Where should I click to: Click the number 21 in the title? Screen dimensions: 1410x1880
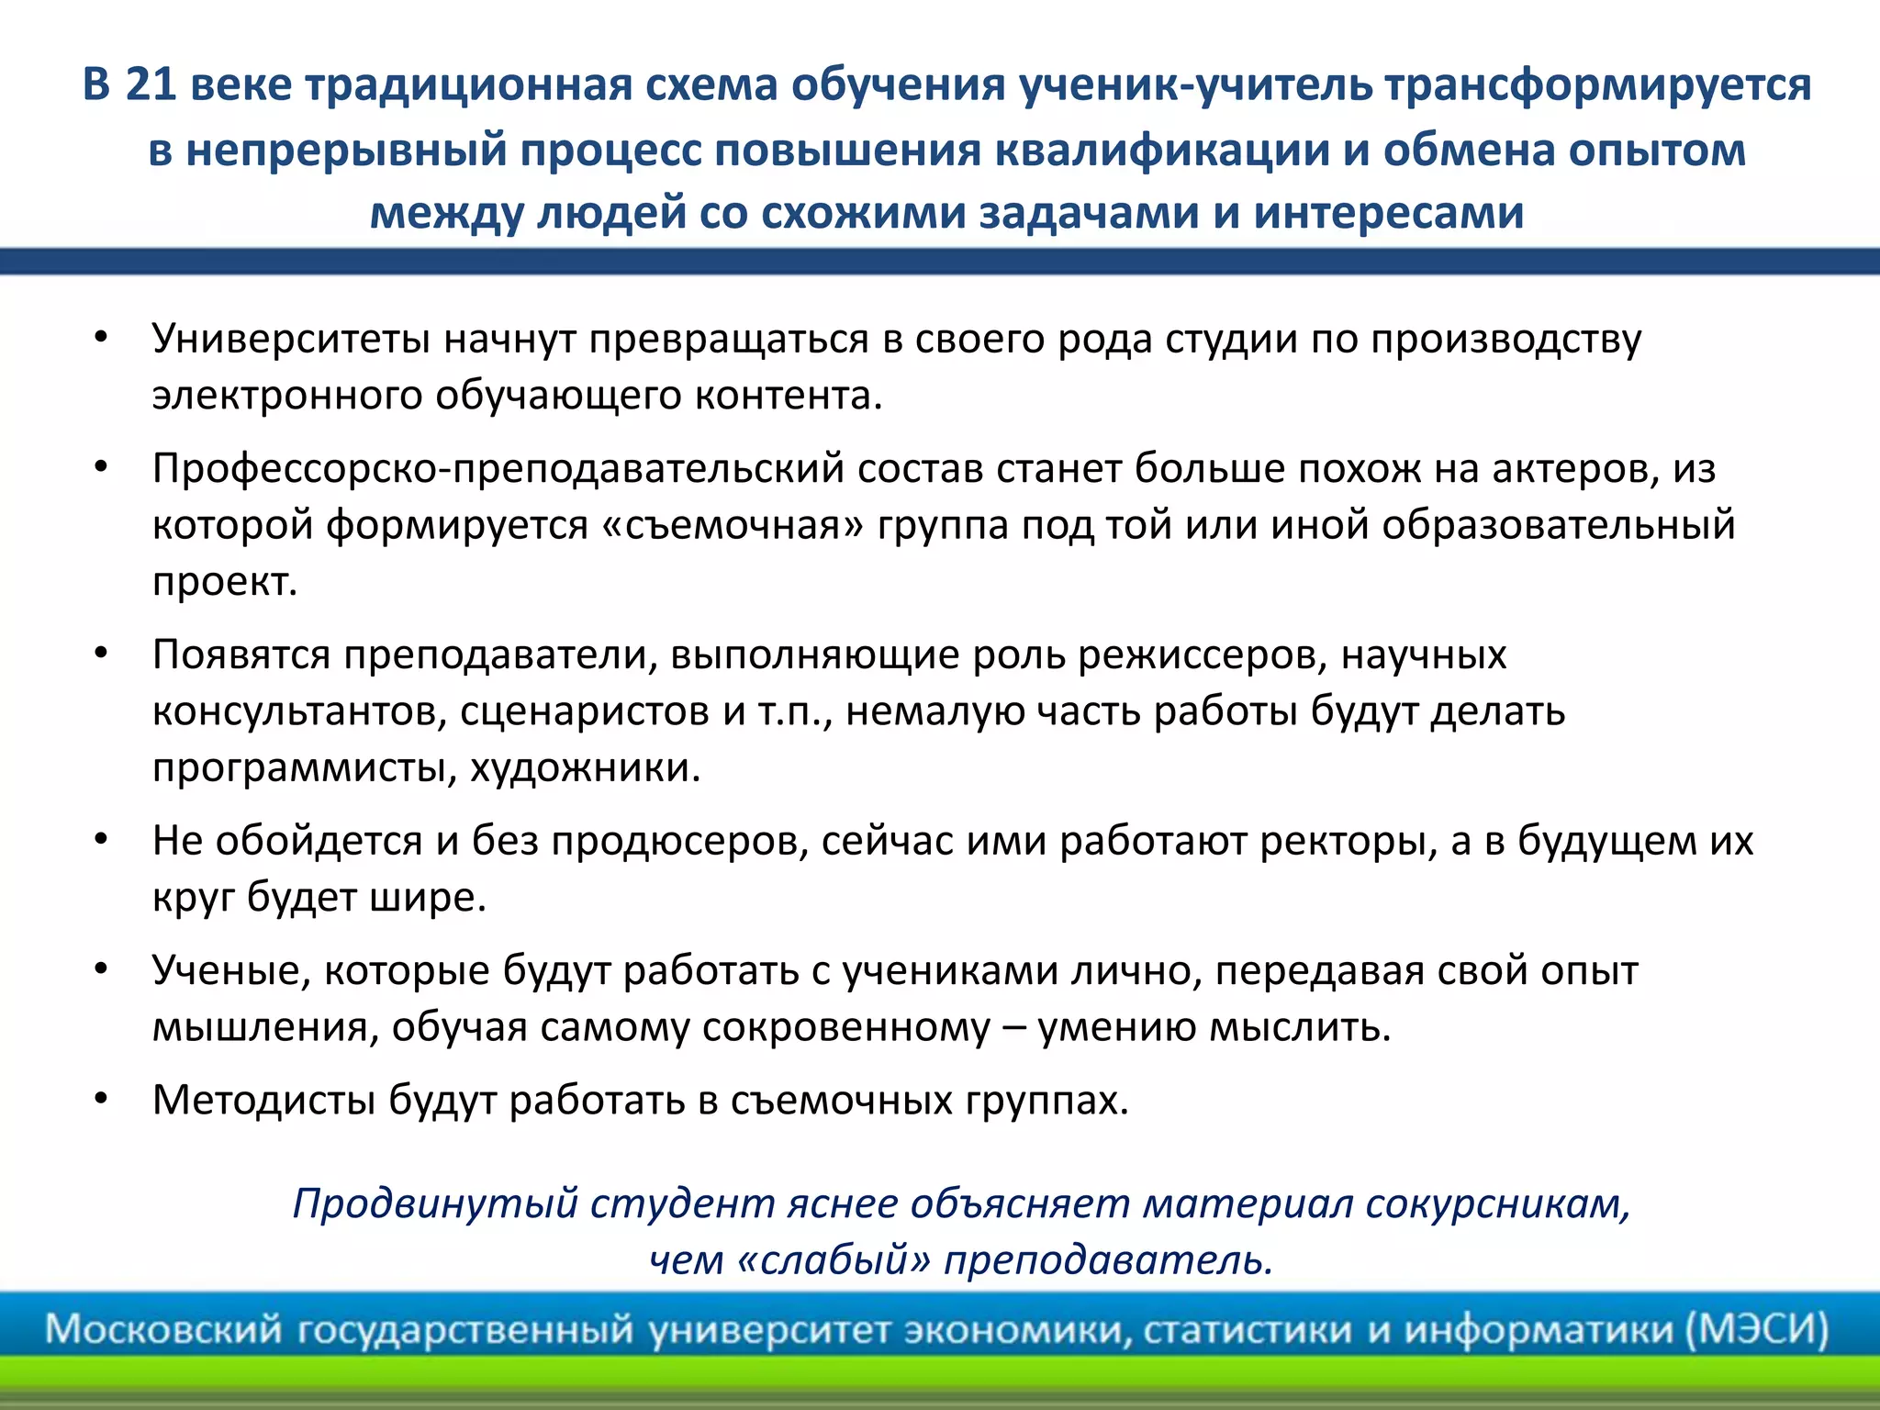point(151,85)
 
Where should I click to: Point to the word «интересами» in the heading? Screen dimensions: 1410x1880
point(1389,213)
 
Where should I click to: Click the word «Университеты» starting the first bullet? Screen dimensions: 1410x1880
point(291,339)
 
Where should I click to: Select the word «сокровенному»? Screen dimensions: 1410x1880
point(845,1027)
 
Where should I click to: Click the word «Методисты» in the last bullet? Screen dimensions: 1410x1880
point(263,1101)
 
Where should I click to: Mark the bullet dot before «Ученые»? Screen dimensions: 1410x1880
point(102,969)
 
